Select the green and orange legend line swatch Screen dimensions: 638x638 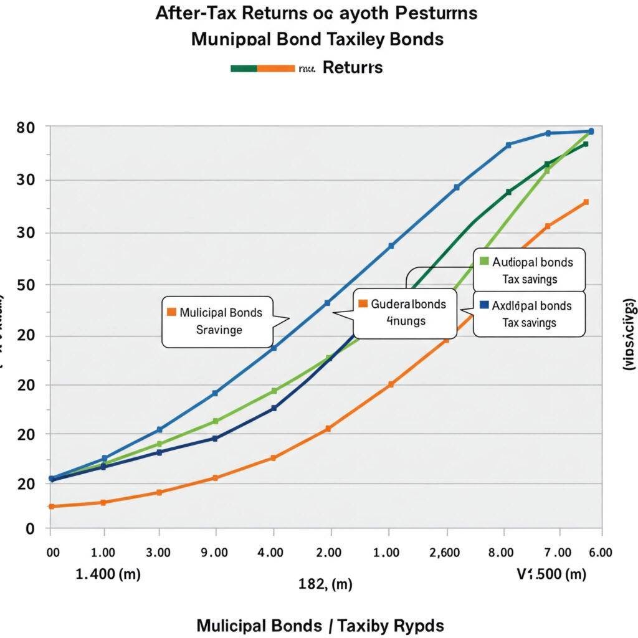coord(262,68)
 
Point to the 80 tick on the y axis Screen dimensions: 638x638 coord(24,127)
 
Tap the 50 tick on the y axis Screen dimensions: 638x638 coord(24,285)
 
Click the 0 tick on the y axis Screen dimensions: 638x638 coord(29,529)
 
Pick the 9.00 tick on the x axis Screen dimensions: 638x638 coord(215,552)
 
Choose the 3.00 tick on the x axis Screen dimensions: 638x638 coord(158,552)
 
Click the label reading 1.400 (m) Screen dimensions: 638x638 coord(108,574)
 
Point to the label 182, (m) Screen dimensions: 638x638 coord(325,584)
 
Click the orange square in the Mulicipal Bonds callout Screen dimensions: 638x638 coord(171,312)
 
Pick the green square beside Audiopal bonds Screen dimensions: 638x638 coord(484,262)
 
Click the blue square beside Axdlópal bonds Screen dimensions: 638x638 coord(484,305)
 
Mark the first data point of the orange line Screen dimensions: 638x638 coord(51,506)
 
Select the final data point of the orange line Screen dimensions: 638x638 coord(586,202)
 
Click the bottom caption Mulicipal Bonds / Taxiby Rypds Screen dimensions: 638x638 coord(320,625)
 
